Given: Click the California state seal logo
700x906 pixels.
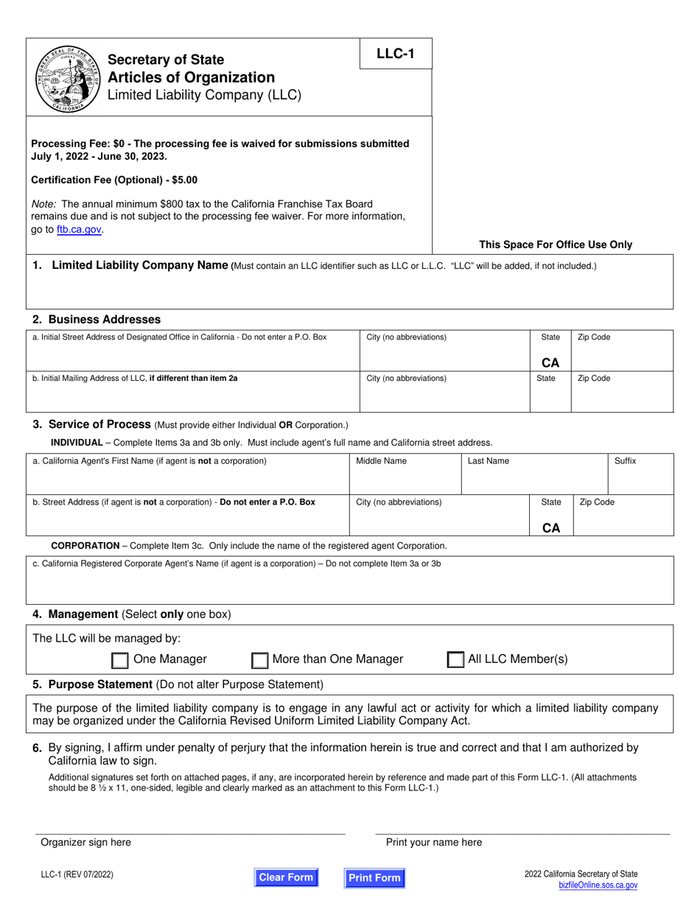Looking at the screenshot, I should pos(67,78).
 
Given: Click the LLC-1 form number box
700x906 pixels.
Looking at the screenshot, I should pos(396,54).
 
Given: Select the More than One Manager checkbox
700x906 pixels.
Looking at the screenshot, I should pos(259,660).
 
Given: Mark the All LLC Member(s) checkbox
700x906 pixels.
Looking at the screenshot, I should pos(455,660).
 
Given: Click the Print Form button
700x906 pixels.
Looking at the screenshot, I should pos(374,877).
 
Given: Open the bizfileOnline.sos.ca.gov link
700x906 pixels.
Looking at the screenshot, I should pos(598,886).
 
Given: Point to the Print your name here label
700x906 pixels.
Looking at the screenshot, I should pos(434,842).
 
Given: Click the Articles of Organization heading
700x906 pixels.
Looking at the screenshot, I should pos(191,77).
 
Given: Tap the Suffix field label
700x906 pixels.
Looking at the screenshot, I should pos(625,461).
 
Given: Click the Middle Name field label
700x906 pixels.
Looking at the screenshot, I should pos(381,461).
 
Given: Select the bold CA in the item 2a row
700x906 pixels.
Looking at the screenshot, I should pos(550,362).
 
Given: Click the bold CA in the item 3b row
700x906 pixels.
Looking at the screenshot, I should pos(550,527).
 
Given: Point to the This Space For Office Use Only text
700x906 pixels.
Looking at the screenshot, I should pos(555,245).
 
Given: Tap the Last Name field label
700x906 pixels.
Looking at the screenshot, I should pos(488,461).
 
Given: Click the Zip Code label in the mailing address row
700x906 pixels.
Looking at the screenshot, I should pos(594,379).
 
